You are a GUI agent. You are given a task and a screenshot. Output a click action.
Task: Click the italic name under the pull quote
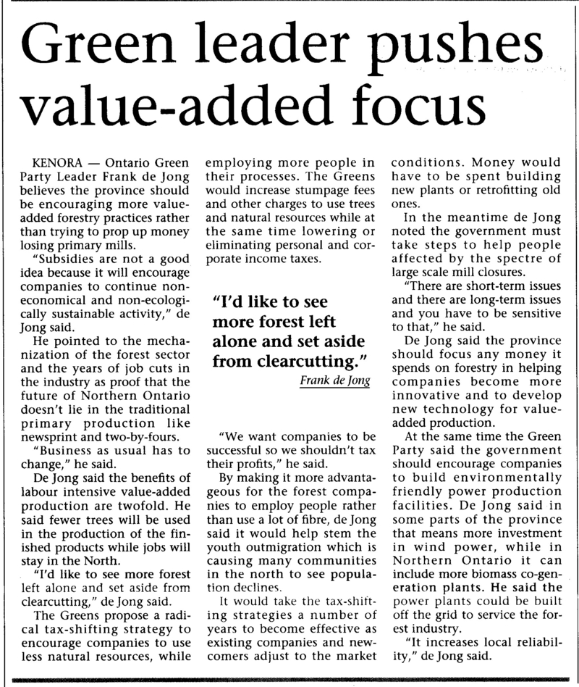[335, 381]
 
